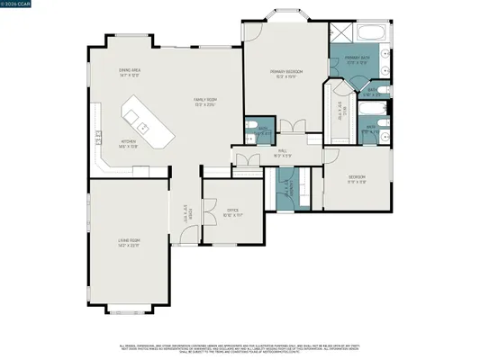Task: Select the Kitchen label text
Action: [x=129, y=144]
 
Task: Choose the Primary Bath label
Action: [x=358, y=60]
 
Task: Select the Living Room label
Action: [x=128, y=241]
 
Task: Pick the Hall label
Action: [x=281, y=154]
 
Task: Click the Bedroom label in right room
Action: [x=358, y=177]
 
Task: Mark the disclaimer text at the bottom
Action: [x=240, y=348]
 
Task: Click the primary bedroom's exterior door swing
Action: [x=253, y=30]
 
